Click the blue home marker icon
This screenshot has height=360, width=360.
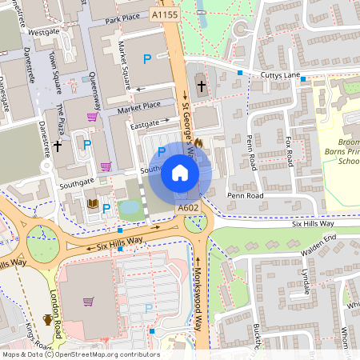[180, 172]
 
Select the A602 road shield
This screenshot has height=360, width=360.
[188, 208]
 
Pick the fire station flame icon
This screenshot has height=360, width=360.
[198, 142]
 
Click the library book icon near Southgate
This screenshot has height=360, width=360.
[93, 205]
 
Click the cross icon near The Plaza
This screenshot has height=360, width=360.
[58, 146]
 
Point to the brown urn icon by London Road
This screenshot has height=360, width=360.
[47, 319]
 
